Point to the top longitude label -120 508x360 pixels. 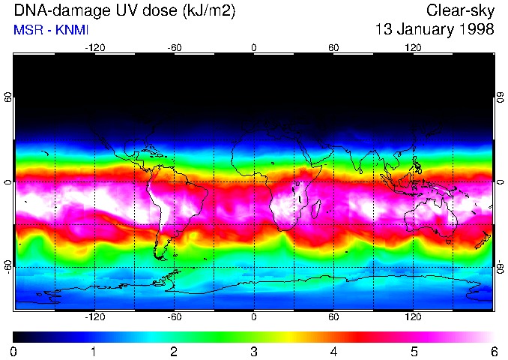[94, 48]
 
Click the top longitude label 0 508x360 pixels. [254, 48]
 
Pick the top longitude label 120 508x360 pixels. [413, 48]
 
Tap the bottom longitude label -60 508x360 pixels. [174, 317]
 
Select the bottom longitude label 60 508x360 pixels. [333, 317]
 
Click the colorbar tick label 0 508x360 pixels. [14, 351]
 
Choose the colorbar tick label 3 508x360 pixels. [254, 351]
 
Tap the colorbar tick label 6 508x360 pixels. [493, 351]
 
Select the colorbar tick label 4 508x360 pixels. [333, 351]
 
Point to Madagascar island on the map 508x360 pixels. [316, 211]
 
